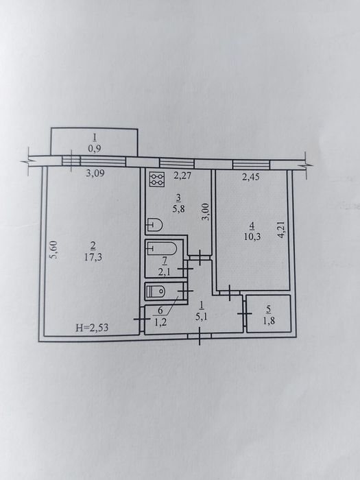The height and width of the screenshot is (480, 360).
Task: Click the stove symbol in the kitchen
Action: [157, 179]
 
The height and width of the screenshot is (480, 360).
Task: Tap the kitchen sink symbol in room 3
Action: [154, 225]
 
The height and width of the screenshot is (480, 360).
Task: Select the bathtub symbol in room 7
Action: [161, 248]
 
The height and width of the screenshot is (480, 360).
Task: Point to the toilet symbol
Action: [156, 291]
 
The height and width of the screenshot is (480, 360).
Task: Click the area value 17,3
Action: [93, 257]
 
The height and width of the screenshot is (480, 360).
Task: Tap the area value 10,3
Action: [252, 237]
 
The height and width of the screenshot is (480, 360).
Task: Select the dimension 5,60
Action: [54, 250]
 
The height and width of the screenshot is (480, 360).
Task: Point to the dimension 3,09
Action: [95, 173]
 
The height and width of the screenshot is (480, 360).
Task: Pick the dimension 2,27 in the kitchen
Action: [183, 176]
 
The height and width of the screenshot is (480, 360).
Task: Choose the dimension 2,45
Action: [251, 177]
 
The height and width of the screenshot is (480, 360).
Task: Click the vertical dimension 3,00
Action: [206, 212]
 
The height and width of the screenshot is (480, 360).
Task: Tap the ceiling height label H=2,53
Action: [92, 328]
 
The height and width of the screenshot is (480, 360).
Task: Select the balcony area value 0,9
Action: [95, 149]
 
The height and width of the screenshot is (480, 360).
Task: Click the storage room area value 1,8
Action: [269, 321]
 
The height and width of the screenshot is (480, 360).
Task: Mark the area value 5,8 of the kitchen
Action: [179, 210]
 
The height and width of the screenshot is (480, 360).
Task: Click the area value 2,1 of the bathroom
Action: [164, 272]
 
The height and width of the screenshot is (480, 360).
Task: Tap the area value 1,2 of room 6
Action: [160, 322]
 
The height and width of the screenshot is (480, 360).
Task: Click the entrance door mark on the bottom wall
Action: [200, 336]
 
